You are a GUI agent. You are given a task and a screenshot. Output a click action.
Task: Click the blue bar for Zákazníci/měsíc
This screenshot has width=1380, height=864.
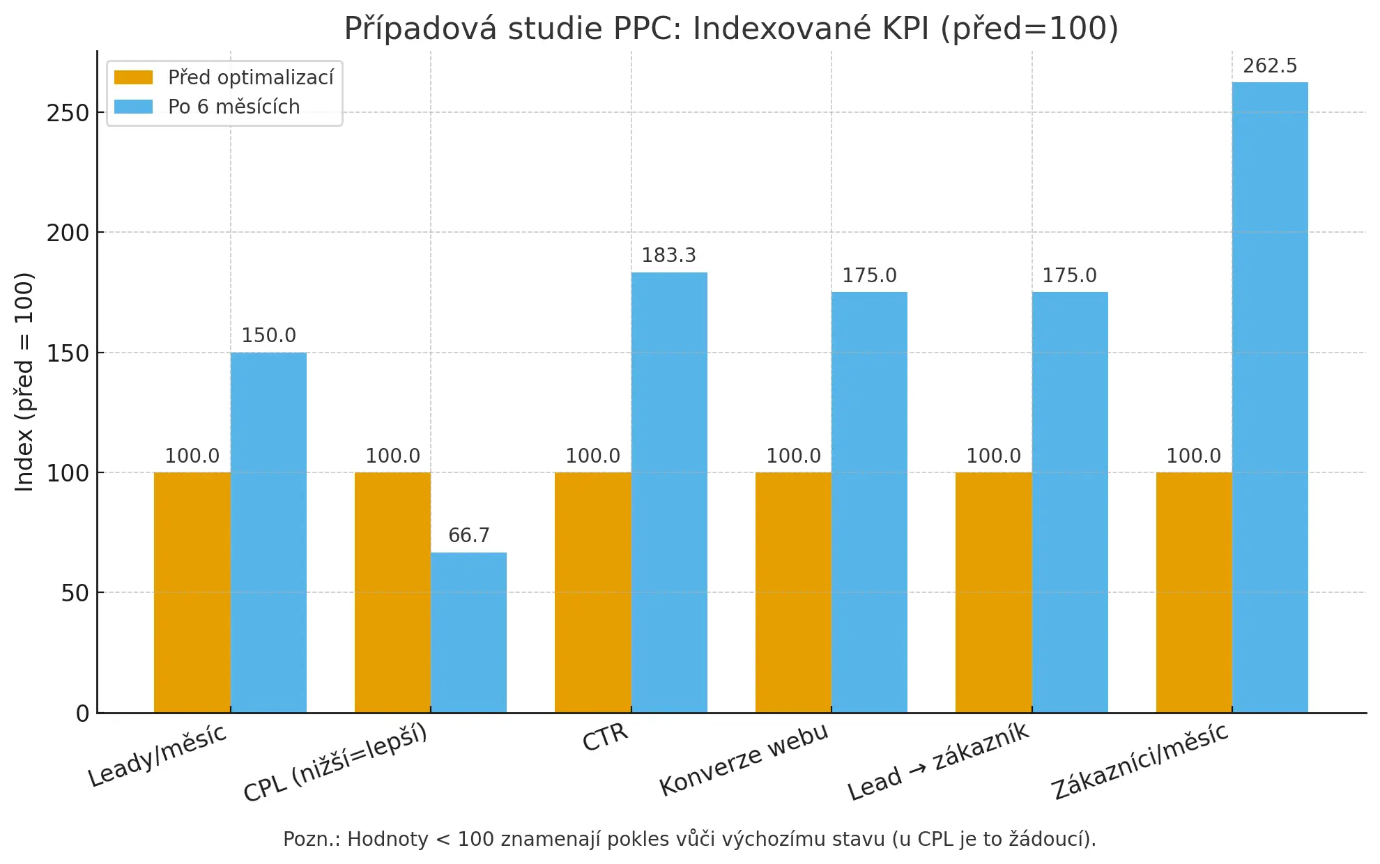1270,397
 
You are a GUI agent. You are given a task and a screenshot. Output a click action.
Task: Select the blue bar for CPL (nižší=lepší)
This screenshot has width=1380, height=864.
468,632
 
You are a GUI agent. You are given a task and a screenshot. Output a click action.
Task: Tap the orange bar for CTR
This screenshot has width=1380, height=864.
592,592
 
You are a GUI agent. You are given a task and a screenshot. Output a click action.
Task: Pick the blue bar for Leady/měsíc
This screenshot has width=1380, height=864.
268,532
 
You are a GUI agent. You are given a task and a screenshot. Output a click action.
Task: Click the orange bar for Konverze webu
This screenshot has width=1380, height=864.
793,592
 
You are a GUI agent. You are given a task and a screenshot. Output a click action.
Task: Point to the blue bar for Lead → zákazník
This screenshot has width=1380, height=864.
1070,502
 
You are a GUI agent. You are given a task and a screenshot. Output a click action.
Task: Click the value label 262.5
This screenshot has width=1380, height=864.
1270,66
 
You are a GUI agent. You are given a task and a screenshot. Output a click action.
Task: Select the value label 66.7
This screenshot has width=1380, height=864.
468,535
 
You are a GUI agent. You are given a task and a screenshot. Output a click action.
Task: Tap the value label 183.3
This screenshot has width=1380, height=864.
668,256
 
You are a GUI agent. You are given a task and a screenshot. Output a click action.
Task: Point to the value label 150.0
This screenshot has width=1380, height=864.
268,336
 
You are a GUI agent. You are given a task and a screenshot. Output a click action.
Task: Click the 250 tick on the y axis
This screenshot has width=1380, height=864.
68,113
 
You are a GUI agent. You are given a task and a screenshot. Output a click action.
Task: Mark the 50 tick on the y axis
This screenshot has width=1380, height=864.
75,594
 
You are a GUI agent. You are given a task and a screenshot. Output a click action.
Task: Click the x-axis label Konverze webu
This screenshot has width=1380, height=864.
744,759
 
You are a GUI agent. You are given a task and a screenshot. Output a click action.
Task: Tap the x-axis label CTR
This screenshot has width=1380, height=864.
605,737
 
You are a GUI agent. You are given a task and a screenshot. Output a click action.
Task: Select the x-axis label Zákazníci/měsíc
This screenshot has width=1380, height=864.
1140,762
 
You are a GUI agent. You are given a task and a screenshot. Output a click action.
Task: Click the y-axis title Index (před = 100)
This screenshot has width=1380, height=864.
24,382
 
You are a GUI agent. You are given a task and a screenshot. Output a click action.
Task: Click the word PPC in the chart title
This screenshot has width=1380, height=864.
647,29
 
